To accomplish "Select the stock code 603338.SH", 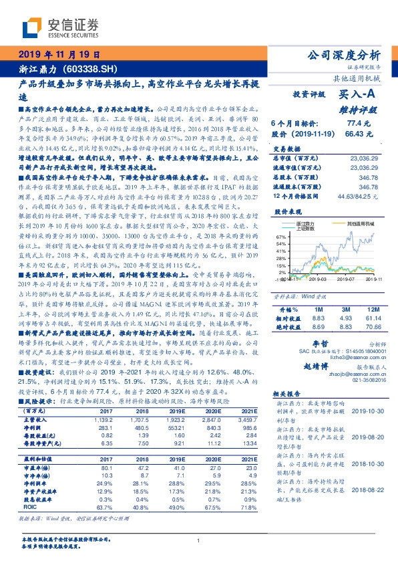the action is (x=89, y=69).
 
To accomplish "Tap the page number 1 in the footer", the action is (x=199, y=540).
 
